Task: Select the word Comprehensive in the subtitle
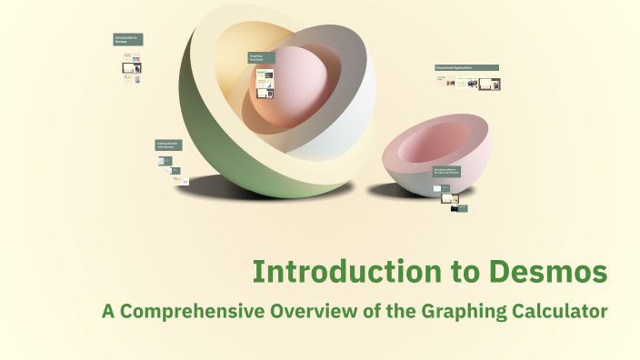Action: (x=191, y=311)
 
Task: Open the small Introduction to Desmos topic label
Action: (x=128, y=40)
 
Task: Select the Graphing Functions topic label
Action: (x=262, y=57)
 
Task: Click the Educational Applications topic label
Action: (x=466, y=67)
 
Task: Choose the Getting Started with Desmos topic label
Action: (x=168, y=145)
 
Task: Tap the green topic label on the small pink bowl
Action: (x=446, y=171)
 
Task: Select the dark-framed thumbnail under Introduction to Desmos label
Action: (x=136, y=66)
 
